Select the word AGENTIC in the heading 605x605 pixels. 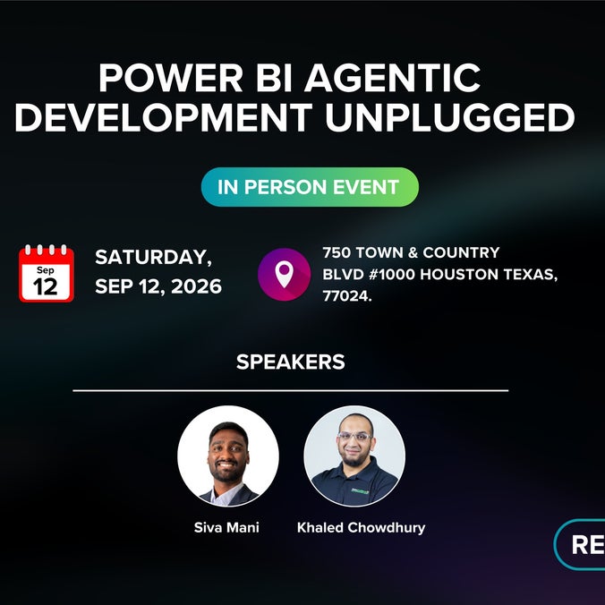pyautogui.click(x=392, y=78)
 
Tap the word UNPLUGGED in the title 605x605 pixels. pyautogui.click(x=450, y=117)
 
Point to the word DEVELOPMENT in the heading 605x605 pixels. pyautogui.click(x=164, y=117)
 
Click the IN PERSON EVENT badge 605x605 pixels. pyautogui.click(x=310, y=187)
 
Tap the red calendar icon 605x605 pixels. pyautogui.click(x=47, y=273)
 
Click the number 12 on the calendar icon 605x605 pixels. pyautogui.click(x=46, y=286)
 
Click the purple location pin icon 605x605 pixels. pyautogui.click(x=284, y=275)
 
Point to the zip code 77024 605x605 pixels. pyautogui.click(x=347, y=296)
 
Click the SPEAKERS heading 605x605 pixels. pyautogui.click(x=291, y=362)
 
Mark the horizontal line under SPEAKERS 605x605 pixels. pyautogui.click(x=291, y=390)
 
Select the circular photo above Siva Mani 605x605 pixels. pyautogui.click(x=228, y=456)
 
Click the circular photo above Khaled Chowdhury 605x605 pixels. pyautogui.click(x=354, y=456)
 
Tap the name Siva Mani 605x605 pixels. pyautogui.click(x=226, y=527)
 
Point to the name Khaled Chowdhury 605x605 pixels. pyautogui.click(x=362, y=527)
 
